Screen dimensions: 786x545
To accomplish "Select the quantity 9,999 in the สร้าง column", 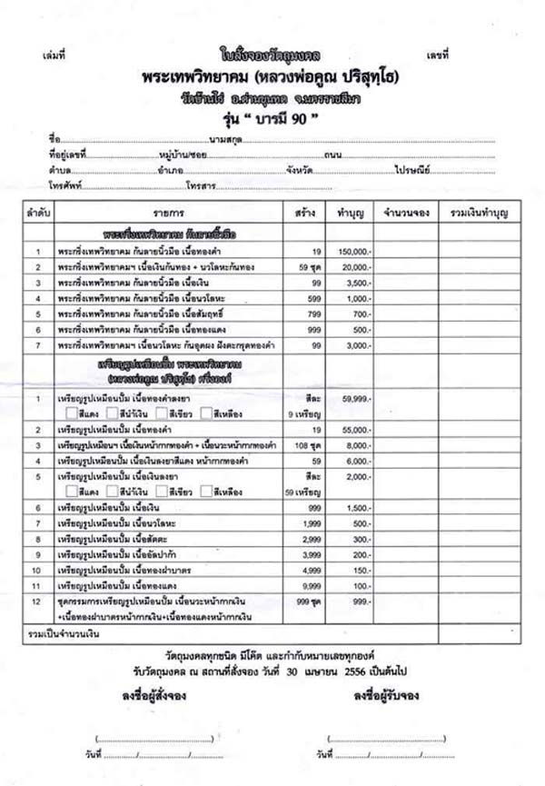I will tap(310, 587).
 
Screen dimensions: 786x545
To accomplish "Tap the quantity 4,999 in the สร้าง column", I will tap(310, 571).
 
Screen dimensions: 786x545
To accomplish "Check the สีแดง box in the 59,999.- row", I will tap(71, 413).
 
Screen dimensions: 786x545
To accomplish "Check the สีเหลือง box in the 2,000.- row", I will tap(207, 491).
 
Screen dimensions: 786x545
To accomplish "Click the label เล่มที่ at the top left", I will tap(54, 56).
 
